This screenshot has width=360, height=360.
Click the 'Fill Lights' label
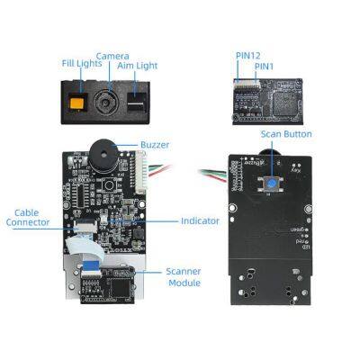pyautogui.click(x=80, y=63)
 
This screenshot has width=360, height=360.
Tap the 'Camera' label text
pyautogui.click(x=112, y=56)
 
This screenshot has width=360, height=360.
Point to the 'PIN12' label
pyautogui.click(x=248, y=55)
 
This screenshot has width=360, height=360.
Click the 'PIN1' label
pyautogui.click(x=264, y=66)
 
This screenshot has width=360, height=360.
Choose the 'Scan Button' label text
pyautogui.click(x=286, y=134)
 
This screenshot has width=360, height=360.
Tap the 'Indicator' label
pyautogui.click(x=200, y=220)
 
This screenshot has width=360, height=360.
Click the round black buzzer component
pyautogui.click(x=101, y=153)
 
